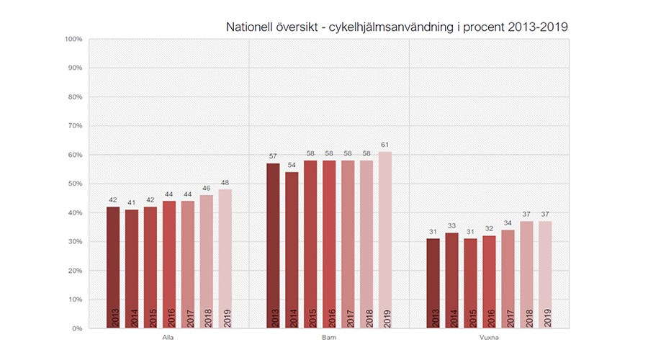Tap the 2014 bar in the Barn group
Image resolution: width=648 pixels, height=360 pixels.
[292, 251]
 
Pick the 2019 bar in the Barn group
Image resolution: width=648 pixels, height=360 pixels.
[385, 240]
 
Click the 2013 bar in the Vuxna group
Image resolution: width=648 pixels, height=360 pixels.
[433, 284]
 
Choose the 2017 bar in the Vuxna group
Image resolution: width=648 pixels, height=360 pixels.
[508, 279]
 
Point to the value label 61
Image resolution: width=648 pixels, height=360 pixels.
[385, 145]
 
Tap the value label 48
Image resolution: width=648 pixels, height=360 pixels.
[225, 183]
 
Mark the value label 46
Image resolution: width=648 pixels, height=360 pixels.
[207, 189]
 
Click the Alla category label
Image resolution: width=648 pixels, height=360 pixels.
[169, 337]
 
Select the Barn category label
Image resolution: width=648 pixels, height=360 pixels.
[329, 337]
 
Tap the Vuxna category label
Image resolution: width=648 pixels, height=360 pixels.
[489, 337]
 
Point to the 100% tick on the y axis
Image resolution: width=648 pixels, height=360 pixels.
[75, 39]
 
